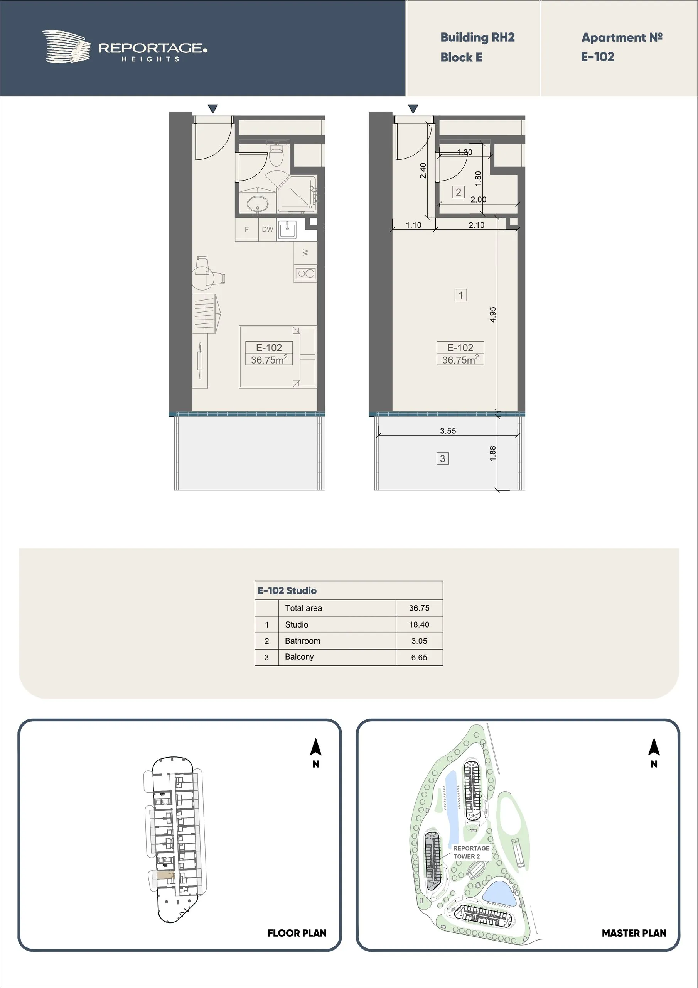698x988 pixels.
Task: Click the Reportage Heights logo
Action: tap(125, 47)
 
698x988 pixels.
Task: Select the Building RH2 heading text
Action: tap(477, 37)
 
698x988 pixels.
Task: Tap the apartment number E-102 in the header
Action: tap(597, 57)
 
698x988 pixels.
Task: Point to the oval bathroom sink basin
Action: tap(257, 203)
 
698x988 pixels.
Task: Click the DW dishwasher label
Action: tap(268, 229)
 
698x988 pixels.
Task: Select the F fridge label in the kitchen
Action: tap(247, 229)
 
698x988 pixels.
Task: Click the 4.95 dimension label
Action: tap(493, 315)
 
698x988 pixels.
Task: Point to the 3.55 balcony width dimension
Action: tap(448, 431)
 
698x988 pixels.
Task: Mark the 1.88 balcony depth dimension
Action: tap(493, 453)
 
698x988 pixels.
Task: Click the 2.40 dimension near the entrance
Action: tap(423, 171)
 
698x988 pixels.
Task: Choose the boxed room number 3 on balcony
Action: tap(443, 459)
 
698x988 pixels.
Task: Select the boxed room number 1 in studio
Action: tap(460, 295)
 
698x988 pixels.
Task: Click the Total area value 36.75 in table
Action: tap(419, 608)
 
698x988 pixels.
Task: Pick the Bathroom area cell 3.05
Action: tap(419, 641)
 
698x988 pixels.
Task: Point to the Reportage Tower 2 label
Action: tap(471, 852)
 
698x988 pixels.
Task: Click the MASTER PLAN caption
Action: tap(634, 933)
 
